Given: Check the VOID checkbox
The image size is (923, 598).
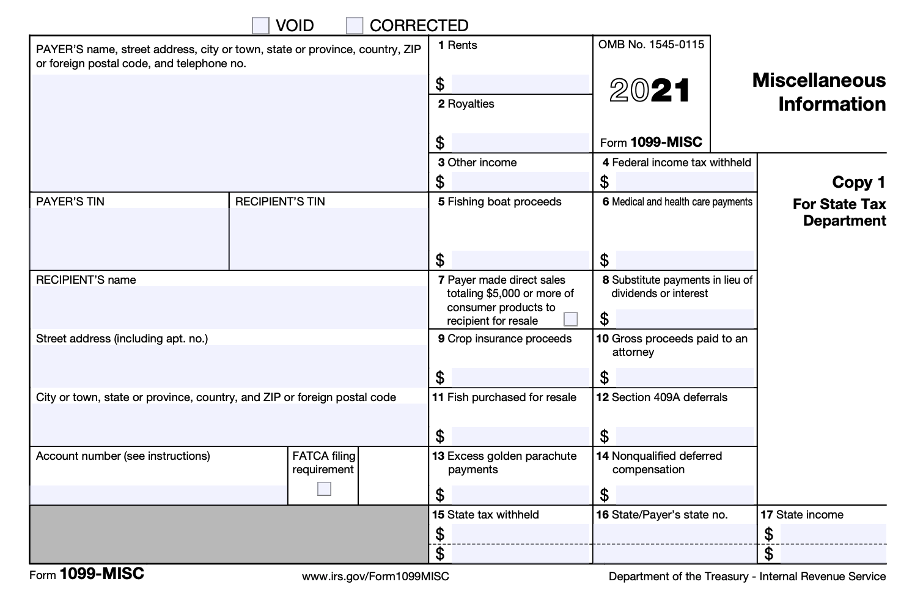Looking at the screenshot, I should point(260,26).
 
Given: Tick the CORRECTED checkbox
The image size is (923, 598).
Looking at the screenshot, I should point(355,26).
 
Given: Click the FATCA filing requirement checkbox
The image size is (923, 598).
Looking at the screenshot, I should point(324,489).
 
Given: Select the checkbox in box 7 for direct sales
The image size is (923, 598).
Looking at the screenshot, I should point(570,319).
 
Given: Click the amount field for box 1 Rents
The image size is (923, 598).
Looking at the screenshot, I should point(520,84).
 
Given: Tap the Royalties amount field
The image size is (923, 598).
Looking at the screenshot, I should point(520,142).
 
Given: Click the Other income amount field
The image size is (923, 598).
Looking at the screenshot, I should point(520,182).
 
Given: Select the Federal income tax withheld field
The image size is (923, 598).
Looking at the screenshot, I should point(685,182).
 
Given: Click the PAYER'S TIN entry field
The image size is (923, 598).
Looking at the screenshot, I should point(129,238).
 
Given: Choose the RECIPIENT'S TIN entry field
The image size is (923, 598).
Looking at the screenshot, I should point(329,238).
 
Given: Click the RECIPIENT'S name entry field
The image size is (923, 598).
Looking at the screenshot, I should point(229,308).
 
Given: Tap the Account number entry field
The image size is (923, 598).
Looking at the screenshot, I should point(158,494).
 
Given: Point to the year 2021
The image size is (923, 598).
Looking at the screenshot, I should point(650,91).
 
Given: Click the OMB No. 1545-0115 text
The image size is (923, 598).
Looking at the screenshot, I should point(651,45).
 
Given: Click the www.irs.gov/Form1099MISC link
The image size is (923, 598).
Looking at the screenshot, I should point(375,577).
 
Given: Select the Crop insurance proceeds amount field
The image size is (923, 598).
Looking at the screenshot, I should point(520,377).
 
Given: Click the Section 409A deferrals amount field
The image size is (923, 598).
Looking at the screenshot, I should point(685,436).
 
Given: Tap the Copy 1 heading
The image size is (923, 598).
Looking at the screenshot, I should point(858,182).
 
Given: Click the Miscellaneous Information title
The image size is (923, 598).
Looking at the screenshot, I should point(818,92).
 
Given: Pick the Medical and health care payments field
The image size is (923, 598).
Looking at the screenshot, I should point(685,260).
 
